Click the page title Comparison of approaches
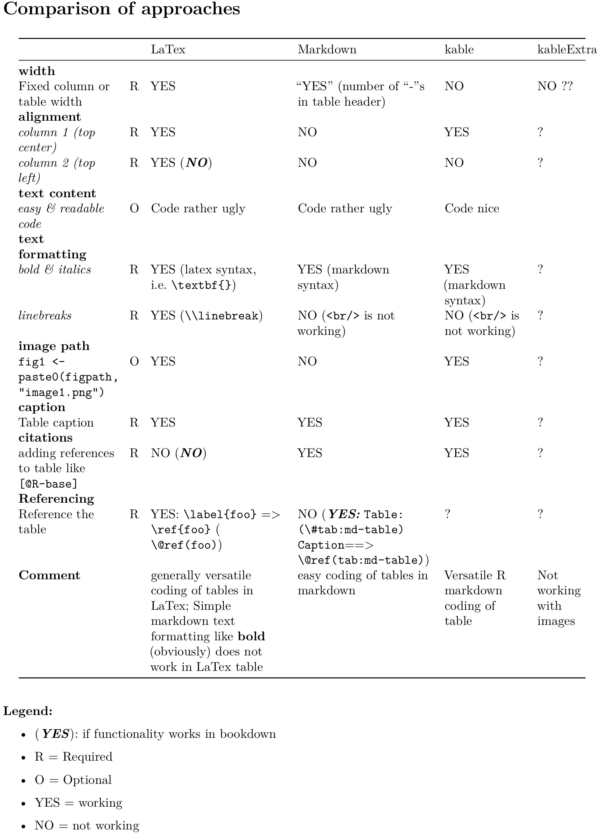[121, 9]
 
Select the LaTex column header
[168, 49]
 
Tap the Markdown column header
[327, 49]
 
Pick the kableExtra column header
[566, 49]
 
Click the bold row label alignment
[50, 117]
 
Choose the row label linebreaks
[45, 315]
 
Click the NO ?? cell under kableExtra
[555, 86]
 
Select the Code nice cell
[471, 208]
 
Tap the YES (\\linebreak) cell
[206, 315]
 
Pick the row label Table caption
[56, 422]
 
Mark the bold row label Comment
[49, 575]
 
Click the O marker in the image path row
[134, 361]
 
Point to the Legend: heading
[28, 711]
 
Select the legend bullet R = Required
[73, 757]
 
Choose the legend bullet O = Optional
[73, 780]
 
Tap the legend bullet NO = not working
[87, 825]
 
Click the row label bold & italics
[54, 269]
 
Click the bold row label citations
[46, 438]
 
